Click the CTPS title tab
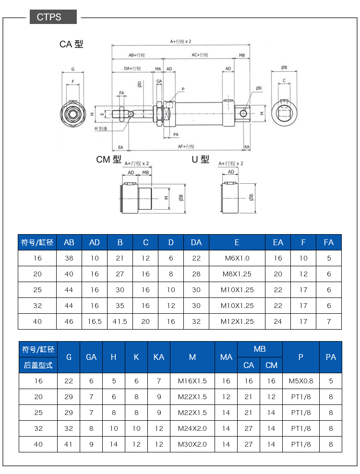coord(53,17)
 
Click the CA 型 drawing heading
coord(71,44)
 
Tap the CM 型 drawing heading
coord(108,159)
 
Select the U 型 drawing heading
coord(200,159)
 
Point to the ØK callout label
coord(259,88)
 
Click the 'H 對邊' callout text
coord(101,129)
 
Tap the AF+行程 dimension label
coord(186,147)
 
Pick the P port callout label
coord(183,90)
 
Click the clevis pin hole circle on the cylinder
coord(243,114)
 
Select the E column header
coord(237,242)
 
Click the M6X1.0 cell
coord(237,258)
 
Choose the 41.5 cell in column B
coord(120,321)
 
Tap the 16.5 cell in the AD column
coord(95,321)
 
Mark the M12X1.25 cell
coord(237,321)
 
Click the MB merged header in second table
coord(260,349)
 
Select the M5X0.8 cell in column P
coord(300,381)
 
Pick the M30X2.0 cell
coord(192,444)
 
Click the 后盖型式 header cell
coord(38,365)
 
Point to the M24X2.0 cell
coord(192,428)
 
